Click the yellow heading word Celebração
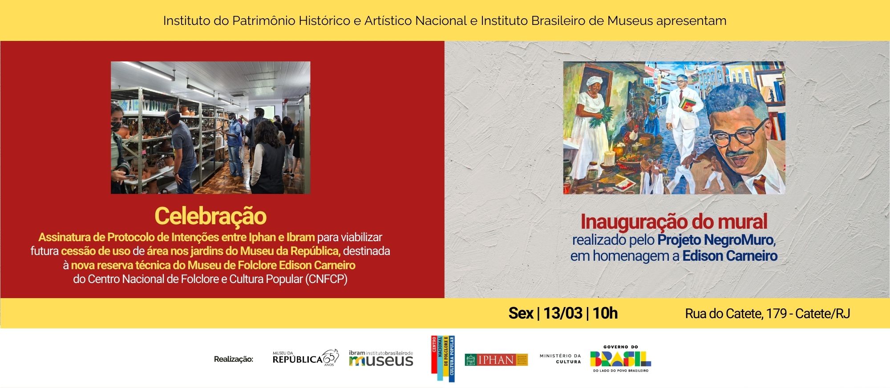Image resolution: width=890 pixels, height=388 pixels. click(210, 216)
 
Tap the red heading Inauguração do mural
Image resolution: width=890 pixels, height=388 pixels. click(674, 222)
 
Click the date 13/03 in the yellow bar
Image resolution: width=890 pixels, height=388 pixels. click(562, 313)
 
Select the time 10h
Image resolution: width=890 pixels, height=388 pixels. click(605, 313)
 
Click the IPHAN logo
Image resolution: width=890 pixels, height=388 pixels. click(496, 360)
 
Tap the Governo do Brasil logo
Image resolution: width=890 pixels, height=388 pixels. click(620, 359)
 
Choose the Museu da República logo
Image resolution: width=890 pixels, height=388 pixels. click(305, 358)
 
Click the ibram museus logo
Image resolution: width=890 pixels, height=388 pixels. click(381, 359)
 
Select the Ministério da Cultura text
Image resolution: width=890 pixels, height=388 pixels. click(560, 359)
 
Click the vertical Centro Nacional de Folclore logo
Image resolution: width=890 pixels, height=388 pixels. click(443, 359)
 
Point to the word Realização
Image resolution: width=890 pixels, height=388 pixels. click(233, 359)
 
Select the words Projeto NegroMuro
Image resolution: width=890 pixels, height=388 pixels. click(716, 240)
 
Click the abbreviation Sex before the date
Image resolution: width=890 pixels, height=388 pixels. click(520, 313)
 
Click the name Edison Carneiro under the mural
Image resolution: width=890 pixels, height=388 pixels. click(730, 256)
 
